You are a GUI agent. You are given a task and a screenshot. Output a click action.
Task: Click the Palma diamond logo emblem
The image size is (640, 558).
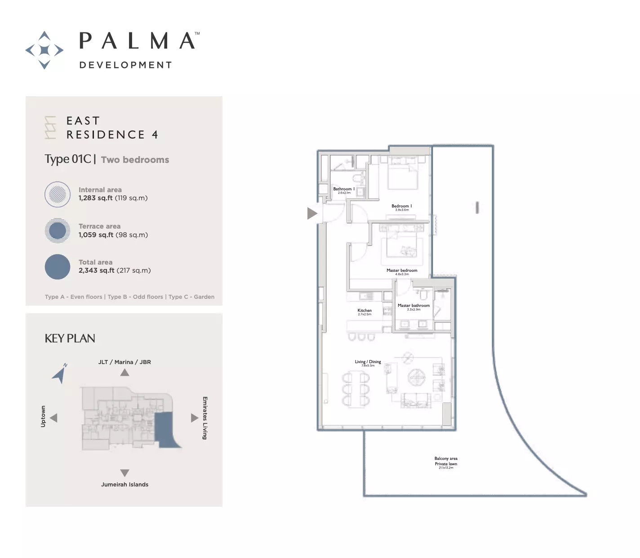tap(44, 50)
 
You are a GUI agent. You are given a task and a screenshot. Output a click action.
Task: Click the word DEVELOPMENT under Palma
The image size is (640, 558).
tap(125, 65)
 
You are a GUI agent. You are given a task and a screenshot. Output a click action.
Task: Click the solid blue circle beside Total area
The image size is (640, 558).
tap(58, 266)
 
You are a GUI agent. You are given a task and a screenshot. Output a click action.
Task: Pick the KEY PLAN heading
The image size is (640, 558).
tap(70, 338)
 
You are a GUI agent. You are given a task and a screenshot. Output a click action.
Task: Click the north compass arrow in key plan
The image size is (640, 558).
tap(60, 373)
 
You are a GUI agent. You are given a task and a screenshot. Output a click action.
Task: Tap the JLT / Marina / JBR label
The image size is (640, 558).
tap(124, 362)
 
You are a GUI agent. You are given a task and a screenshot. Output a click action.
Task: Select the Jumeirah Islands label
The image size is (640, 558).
tap(124, 485)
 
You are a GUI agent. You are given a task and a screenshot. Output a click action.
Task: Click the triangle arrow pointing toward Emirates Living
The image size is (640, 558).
tap(194, 418)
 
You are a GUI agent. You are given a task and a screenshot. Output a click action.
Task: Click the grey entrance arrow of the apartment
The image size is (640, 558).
tap(312, 213)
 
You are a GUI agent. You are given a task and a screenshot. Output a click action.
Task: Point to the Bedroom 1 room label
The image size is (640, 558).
tap(401, 206)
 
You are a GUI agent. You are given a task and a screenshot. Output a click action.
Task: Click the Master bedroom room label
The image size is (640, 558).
tap(402, 270)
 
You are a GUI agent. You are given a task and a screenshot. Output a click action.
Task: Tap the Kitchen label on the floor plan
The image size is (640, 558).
tap(364, 310)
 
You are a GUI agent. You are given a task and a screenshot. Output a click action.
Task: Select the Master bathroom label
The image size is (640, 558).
tap(413, 306)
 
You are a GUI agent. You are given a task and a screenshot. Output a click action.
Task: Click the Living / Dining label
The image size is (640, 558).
tap(368, 362)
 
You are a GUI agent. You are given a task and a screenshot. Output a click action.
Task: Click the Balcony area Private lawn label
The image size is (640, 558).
tap(446, 461)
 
